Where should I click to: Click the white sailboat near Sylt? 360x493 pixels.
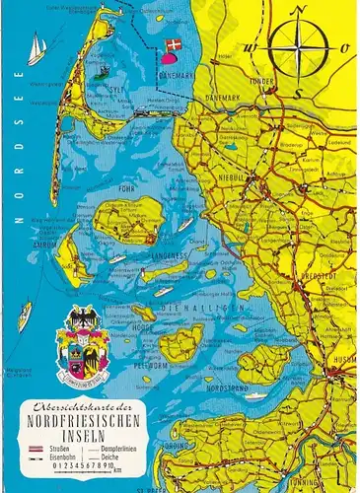click(36, 48)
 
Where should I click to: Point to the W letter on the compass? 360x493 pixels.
click(252, 46)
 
